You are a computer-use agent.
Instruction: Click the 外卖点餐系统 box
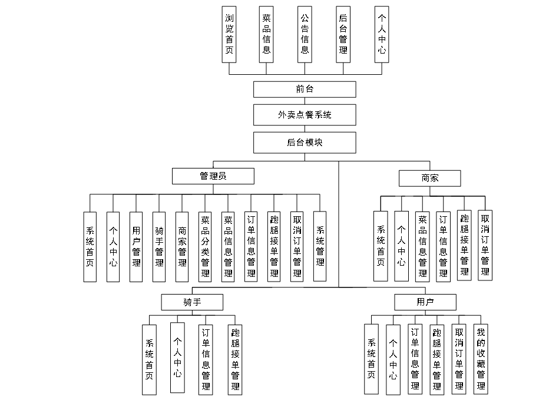(305, 115)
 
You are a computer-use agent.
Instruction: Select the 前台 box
(305, 89)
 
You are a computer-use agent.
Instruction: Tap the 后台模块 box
(305, 142)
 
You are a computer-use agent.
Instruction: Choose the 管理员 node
(213, 176)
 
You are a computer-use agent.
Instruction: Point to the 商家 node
(430, 178)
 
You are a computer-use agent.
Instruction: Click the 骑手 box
(192, 302)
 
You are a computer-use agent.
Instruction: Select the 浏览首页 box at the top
(229, 34)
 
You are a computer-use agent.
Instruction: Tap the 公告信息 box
(305, 34)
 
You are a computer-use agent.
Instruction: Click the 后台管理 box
(343, 34)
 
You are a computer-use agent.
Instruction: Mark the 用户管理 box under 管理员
(136, 246)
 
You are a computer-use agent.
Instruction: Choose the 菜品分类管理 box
(205, 246)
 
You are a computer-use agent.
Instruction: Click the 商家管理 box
(182, 246)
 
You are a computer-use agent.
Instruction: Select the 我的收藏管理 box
(481, 359)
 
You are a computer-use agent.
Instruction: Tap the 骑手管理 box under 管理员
(159, 246)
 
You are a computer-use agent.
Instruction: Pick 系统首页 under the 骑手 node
(149, 359)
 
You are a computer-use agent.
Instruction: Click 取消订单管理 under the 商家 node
(485, 244)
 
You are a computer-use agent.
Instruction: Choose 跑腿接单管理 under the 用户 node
(437, 359)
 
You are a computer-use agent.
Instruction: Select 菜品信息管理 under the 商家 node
(422, 245)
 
